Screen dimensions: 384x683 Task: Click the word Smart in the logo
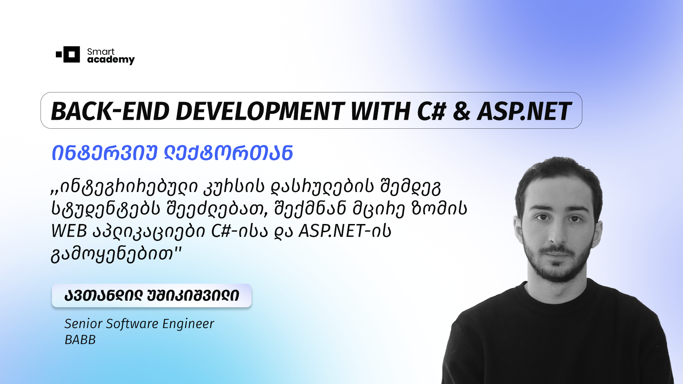point(101,52)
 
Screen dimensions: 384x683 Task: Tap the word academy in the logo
point(111,60)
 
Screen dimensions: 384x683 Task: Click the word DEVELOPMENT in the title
point(260,111)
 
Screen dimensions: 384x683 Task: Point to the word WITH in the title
point(380,111)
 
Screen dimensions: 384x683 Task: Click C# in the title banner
point(431,111)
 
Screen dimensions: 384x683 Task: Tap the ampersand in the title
point(461,111)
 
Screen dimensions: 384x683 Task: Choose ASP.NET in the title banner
point(524,111)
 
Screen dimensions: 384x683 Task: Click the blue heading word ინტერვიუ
point(105,153)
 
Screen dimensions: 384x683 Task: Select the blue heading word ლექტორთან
point(228,153)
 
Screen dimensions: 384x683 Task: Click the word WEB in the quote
point(69,231)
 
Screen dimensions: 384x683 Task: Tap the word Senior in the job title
point(83,324)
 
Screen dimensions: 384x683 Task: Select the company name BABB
point(80,340)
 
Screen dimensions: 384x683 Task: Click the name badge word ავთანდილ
point(104,296)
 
